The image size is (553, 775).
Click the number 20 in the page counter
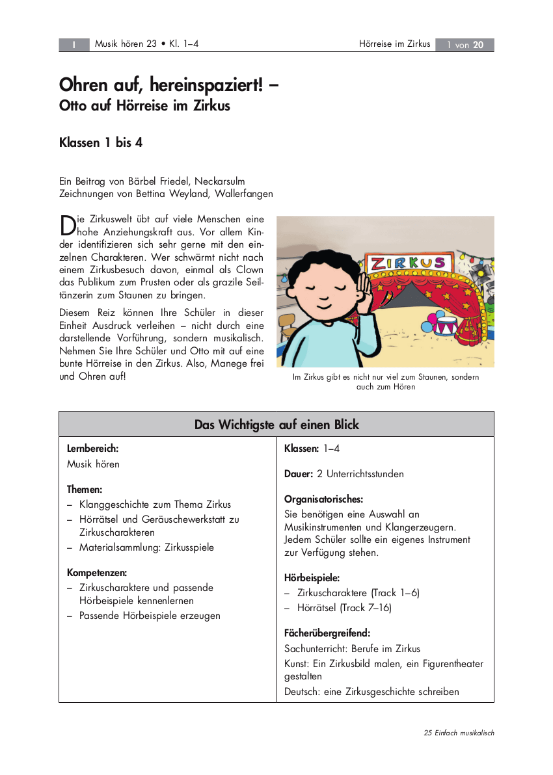click(x=478, y=45)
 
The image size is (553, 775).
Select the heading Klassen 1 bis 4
click(x=101, y=142)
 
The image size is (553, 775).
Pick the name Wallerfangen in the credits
click(x=242, y=194)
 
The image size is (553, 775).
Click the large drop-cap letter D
click(x=67, y=226)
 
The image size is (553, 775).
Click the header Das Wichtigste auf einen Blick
click(x=276, y=425)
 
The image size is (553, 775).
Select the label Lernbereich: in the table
click(x=92, y=449)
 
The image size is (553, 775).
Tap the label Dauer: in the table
click(x=299, y=474)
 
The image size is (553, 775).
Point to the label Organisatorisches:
click(x=323, y=499)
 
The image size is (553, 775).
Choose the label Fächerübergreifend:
click(x=327, y=633)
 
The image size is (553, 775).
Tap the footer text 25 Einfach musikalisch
click(x=459, y=733)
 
